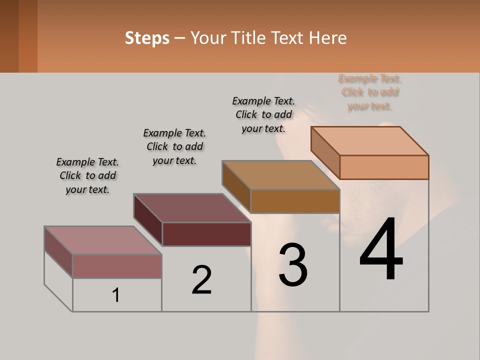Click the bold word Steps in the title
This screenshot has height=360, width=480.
point(147,38)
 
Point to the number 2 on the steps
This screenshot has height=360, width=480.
point(201,279)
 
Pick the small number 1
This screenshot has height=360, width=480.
point(116,295)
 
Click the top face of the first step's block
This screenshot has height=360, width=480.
point(102,240)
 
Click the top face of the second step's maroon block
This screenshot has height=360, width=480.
point(192,208)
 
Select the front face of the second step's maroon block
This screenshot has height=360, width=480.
point(206,234)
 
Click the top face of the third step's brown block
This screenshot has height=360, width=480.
point(281,175)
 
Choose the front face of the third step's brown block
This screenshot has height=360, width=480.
point(295,201)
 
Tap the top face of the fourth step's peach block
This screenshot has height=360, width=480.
point(370,141)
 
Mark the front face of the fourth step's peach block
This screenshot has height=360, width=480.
point(384,167)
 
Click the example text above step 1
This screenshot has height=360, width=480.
point(87,175)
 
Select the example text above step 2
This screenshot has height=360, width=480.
point(174,146)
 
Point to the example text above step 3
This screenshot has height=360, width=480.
point(263,114)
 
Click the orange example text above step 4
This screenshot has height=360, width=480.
point(370,92)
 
